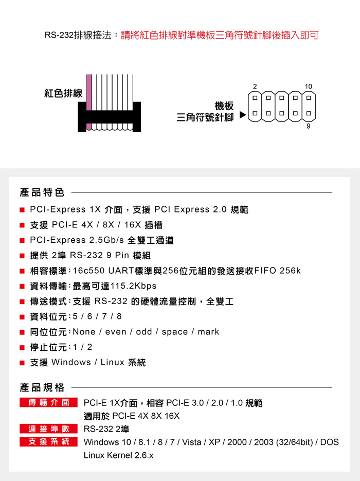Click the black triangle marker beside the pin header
pos(243,115)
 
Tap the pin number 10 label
pos(308,86)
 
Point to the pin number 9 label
pos(309,126)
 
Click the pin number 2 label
pos(255,86)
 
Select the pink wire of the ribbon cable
pos(89,102)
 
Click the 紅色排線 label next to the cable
pos(63,93)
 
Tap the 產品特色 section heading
pos(42,192)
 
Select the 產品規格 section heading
pos(42,387)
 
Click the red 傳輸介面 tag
pos(48,402)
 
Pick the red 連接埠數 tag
pos(48,429)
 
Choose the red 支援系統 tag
pos(48,442)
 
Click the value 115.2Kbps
pos(133,286)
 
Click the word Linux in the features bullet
pos(112,362)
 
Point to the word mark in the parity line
pos(208,332)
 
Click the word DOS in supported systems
pos(330,442)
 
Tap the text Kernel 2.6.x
pos(130,455)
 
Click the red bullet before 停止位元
pos(22,348)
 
